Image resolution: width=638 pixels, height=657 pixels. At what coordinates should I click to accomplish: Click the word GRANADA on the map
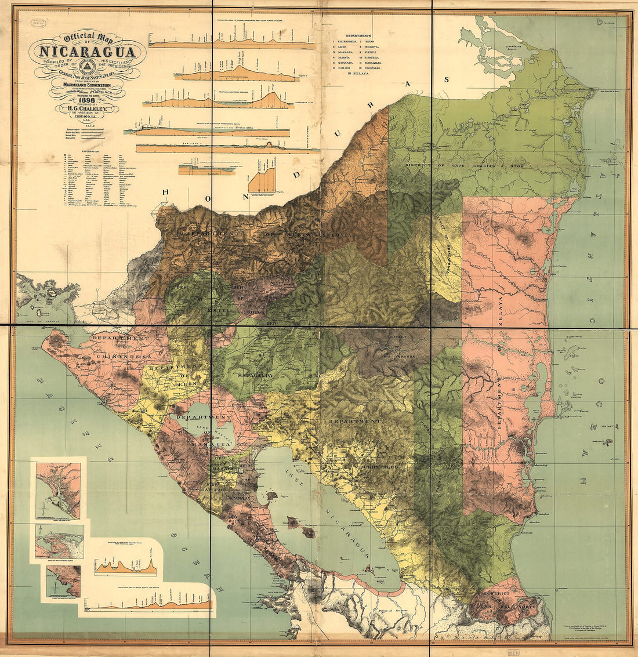pyautogui.click(x=239, y=498)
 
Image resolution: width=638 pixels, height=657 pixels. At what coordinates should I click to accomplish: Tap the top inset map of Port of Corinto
pyautogui.click(x=58, y=487)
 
